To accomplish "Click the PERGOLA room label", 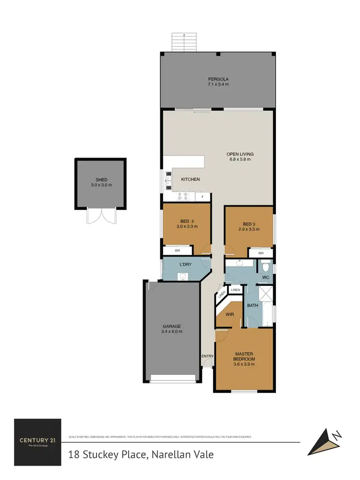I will coord(218,79).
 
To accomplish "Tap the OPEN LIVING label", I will coord(239,154).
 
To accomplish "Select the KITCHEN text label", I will coord(190,179).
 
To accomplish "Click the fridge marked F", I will coord(203,197).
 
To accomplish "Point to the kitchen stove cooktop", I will coord(183,196).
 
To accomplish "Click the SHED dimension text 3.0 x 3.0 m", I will coord(101,185).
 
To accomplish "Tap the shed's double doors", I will coord(101,217).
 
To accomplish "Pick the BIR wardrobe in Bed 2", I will coord(178,250).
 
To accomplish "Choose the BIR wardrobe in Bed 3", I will coord(261,253).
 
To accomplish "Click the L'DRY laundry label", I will coord(185,265).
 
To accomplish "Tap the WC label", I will coord(264,278).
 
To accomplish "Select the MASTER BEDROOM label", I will coord(244,356).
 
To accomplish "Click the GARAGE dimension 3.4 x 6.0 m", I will coord(171,332).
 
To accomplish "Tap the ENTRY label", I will coord(207,356).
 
